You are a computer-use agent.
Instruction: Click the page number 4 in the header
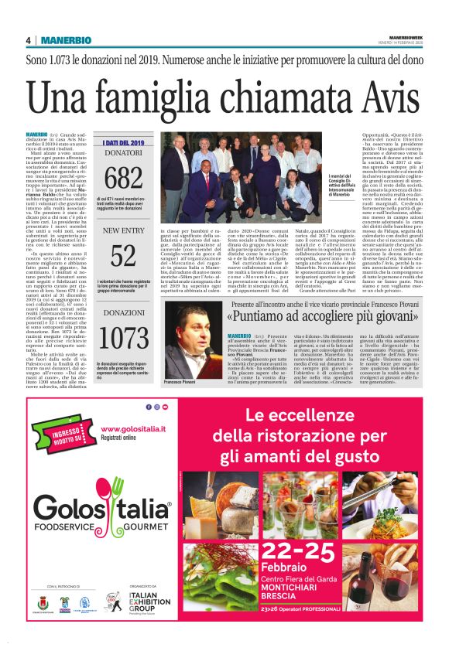(28, 39)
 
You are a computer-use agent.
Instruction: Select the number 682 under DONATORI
(123, 179)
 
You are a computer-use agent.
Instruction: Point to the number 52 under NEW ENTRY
(123, 254)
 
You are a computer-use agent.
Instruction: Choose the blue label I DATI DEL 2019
(123, 142)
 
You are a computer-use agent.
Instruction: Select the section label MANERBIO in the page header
(66, 39)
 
